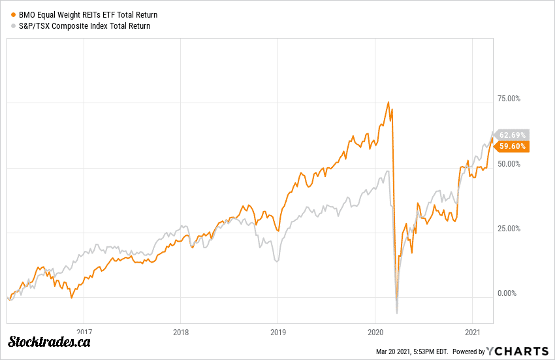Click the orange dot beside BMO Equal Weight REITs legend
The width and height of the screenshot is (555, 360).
click(x=13, y=14)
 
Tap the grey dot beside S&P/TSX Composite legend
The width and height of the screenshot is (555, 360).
click(x=13, y=26)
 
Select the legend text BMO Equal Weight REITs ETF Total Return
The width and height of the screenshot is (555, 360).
click(x=88, y=14)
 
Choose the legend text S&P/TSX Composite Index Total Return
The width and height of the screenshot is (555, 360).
click(x=84, y=26)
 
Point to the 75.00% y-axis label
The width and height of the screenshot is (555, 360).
click(x=509, y=99)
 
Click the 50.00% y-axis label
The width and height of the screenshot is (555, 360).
click(x=509, y=164)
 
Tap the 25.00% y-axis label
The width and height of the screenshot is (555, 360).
click(x=509, y=229)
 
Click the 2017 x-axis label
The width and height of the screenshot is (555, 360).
click(x=84, y=331)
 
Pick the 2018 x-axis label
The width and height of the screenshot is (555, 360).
click(x=181, y=331)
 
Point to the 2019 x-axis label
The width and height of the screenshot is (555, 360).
click(x=278, y=331)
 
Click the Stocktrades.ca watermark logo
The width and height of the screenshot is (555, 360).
click(x=50, y=342)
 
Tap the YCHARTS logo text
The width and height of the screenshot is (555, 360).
click(x=518, y=351)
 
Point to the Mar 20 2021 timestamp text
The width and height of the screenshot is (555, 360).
click(x=411, y=352)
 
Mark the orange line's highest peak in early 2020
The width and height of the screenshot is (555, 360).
click(x=388, y=102)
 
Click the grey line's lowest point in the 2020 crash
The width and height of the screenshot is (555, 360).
click(x=396, y=313)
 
